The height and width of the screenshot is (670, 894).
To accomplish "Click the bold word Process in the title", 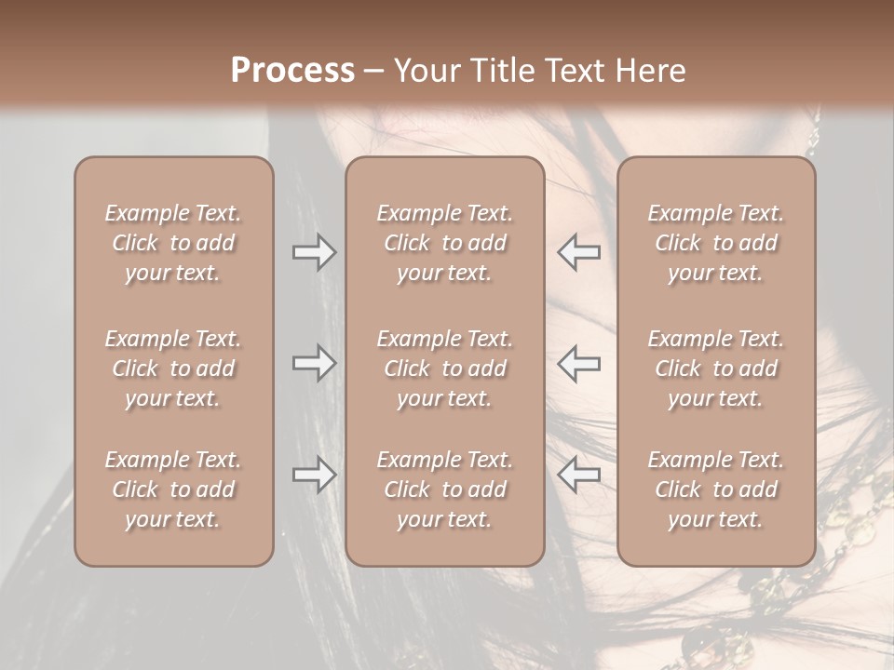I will (292, 71).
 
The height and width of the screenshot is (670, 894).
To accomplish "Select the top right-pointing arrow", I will (315, 252).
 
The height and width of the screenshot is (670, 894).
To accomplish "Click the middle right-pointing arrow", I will (315, 363).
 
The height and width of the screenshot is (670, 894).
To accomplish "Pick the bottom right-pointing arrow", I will (315, 475).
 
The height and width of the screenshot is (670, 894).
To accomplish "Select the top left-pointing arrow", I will (578, 252).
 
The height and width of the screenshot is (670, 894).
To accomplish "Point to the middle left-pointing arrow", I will (578, 363).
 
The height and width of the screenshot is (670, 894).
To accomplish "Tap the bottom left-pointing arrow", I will (578, 475).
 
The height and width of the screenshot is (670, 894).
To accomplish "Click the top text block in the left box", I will (173, 243).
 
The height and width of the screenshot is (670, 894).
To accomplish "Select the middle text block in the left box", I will (173, 368).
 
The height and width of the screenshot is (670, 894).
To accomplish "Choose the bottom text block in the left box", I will (173, 489).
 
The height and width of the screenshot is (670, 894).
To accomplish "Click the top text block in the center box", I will (444, 243).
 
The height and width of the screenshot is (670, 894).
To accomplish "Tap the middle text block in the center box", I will (444, 368).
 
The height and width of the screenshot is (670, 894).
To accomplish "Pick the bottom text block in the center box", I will (444, 489).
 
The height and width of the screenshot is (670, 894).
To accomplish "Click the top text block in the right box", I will (715, 243).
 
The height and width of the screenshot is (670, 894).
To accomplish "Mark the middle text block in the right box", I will (715, 368).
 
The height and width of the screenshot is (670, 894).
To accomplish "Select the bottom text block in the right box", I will (715, 489).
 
